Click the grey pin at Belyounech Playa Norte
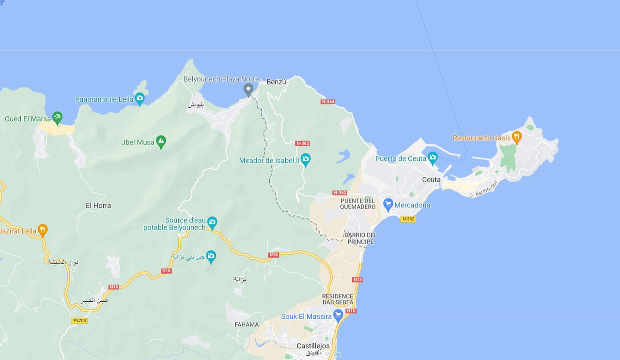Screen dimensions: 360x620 pyautogui.click(x=248, y=90)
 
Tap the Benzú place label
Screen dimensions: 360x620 pyautogui.click(x=277, y=82)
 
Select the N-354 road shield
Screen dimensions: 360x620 pyautogui.click(x=328, y=102)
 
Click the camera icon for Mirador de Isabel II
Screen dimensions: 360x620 pyautogui.click(x=305, y=158)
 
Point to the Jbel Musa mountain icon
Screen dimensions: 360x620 pyautogui.click(x=161, y=141)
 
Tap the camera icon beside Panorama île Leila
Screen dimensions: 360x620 pyautogui.click(x=139, y=99)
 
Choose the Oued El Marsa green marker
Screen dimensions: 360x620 pyautogui.click(x=57, y=118)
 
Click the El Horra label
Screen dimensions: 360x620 pyautogui.click(x=98, y=205)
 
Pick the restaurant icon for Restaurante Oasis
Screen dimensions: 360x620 pyautogui.click(x=516, y=137)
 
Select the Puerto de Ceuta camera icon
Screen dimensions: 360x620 pyautogui.click(x=432, y=157)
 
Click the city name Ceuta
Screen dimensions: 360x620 pyautogui.click(x=432, y=180)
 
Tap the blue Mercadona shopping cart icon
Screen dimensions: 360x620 pyautogui.click(x=387, y=204)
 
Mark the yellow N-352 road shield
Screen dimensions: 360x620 pyautogui.click(x=408, y=219)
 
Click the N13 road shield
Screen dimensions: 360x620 pyautogui.click(x=357, y=280)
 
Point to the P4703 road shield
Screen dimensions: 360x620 pyautogui.click(x=79, y=320)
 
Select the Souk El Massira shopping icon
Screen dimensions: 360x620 pyautogui.click(x=338, y=316)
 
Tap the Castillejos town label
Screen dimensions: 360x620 pyautogui.click(x=313, y=346)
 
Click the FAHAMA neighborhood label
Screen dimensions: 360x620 pyautogui.click(x=247, y=325)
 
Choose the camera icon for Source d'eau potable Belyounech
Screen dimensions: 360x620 pyautogui.click(x=212, y=222)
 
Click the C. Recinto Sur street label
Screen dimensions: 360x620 pyautogui.click(x=483, y=189)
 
